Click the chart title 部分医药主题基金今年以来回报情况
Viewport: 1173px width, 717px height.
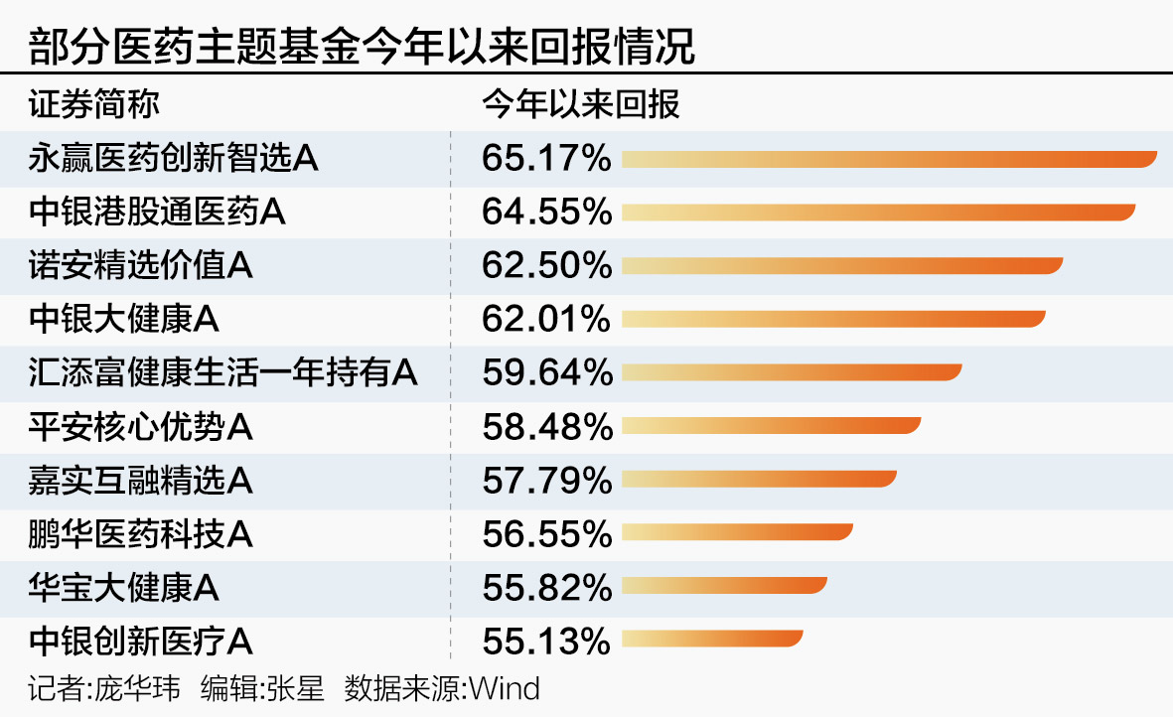(362, 45)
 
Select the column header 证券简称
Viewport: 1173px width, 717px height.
(93, 104)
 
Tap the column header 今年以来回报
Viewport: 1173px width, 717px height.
(581, 104)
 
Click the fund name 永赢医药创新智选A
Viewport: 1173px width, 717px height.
(174, 158)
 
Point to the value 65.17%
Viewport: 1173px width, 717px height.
(546, 159)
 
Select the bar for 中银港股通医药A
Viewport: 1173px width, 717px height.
(878, 212)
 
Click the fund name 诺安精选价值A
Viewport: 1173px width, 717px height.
(141, 265)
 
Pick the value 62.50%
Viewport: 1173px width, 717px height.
(546, 266)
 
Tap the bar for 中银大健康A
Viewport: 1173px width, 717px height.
(833, 319)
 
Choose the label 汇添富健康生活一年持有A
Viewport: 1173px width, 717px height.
(223, 372)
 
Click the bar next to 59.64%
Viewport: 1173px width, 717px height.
(792, 372)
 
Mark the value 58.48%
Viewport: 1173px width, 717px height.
(546, 427)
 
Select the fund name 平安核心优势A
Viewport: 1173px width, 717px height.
(141, 427)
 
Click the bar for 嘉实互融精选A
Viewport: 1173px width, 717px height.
(759, 480)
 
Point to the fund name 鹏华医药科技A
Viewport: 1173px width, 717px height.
(141, 534)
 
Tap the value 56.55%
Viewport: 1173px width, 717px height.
(546, 534)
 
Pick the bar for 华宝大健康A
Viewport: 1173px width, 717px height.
(724, 587)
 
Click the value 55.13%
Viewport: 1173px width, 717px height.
(546, 642)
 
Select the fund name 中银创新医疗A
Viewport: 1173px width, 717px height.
(141, 642)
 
